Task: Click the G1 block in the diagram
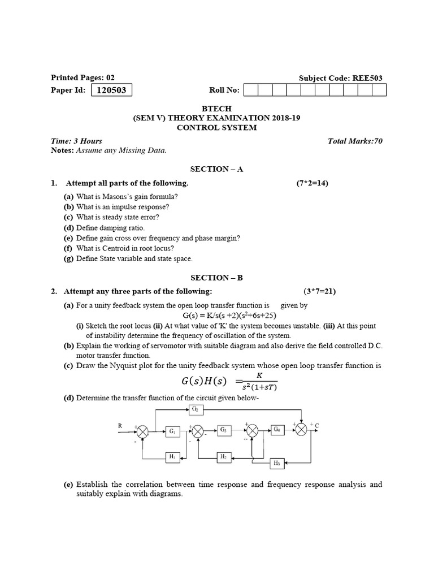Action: [172, 431]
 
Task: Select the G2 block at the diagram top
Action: [195, 408]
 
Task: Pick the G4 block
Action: [277, 430]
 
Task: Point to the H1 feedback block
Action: [172, 456]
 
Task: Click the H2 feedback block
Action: [224, 456]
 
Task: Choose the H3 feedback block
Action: [277, 464]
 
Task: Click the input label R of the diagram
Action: [120, 425]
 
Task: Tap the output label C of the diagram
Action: [317, 425]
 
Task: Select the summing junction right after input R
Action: [144, 432]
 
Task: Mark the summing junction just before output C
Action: [302, 431]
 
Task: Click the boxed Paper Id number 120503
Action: [111, 90]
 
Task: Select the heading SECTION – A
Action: [216, 169]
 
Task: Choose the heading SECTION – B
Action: [216, 278]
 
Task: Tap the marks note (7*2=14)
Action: [313, 183]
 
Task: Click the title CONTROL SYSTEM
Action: [217, 128]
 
